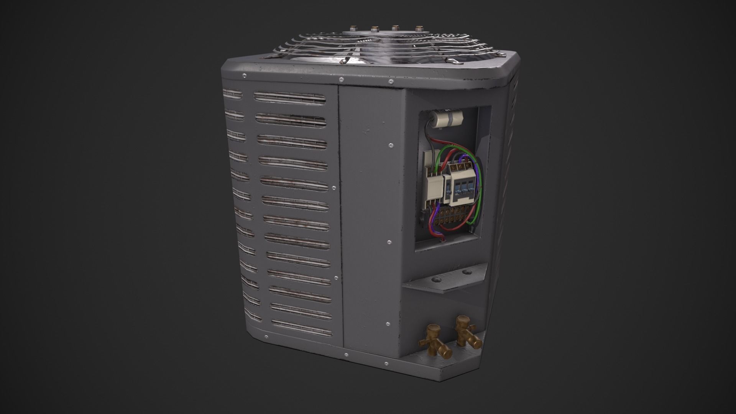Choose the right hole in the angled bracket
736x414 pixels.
(x=465, y=273)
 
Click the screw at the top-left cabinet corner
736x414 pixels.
(x=244, y=76)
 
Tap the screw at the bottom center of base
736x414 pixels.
(x=346, y=355)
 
